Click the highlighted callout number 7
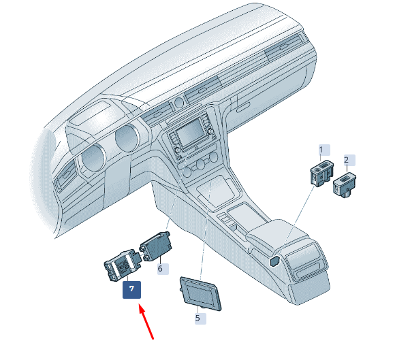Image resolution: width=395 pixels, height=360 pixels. coord(131,290)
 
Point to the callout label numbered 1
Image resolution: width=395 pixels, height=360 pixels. coord(324,150)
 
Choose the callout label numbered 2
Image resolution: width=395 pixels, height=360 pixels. coord(349,161)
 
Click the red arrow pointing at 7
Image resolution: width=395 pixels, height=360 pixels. coord(146,322)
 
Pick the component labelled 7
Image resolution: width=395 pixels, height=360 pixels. coord(123,265)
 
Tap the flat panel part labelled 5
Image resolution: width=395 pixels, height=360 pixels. coord(200,293)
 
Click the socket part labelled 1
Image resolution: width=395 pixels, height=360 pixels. coord(321,174)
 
